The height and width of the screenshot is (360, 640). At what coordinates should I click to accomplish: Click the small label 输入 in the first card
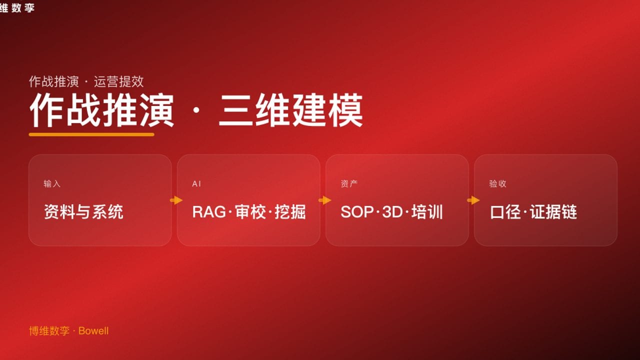point(52,184)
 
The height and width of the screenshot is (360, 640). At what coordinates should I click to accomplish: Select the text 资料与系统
point(83,212)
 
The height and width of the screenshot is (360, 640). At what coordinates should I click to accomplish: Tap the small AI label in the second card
point(196,184)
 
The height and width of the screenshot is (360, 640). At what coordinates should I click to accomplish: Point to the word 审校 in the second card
point(249,212)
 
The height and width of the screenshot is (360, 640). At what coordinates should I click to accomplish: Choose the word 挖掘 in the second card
point(290,212)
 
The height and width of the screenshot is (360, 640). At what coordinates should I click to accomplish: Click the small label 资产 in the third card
point(349,184)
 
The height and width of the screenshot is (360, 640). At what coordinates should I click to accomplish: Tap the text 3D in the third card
point(392,212)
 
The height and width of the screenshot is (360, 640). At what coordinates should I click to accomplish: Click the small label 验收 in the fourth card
point(497,184)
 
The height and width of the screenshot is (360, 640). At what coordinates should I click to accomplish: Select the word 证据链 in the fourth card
point(553,212)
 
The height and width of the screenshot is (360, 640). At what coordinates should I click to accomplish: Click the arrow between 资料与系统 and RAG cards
point(176,200)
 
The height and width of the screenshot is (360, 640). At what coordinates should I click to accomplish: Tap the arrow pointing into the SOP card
point(324,200)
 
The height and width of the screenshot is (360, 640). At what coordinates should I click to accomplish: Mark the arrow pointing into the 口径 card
point(473,200)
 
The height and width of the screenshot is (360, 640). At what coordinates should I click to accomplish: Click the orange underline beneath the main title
point(91,134)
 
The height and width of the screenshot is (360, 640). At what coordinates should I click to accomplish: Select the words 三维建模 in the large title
point(290,110)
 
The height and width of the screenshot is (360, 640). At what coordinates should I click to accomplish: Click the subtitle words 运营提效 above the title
point(119,81)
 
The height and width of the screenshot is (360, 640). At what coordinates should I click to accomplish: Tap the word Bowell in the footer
point(93,331)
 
